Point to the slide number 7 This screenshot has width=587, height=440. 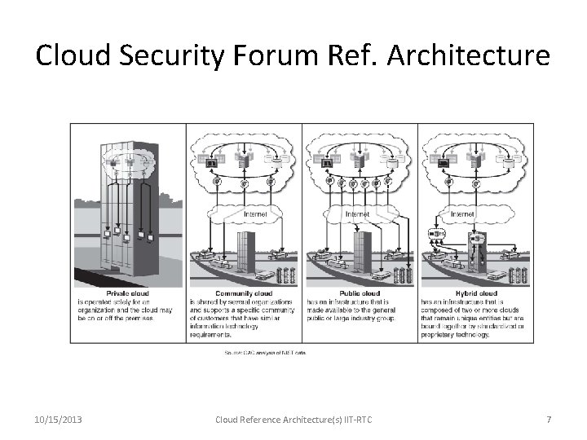pos(549,420)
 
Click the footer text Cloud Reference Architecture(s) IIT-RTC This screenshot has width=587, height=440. pos(293,420)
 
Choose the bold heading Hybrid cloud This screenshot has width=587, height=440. pos(477,293)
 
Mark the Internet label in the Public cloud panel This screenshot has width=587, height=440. pos(358,214)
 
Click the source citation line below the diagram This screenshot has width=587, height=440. pos(265,353)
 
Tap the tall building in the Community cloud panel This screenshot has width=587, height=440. pos(245,249)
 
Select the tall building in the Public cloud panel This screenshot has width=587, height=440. pos(362,249)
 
